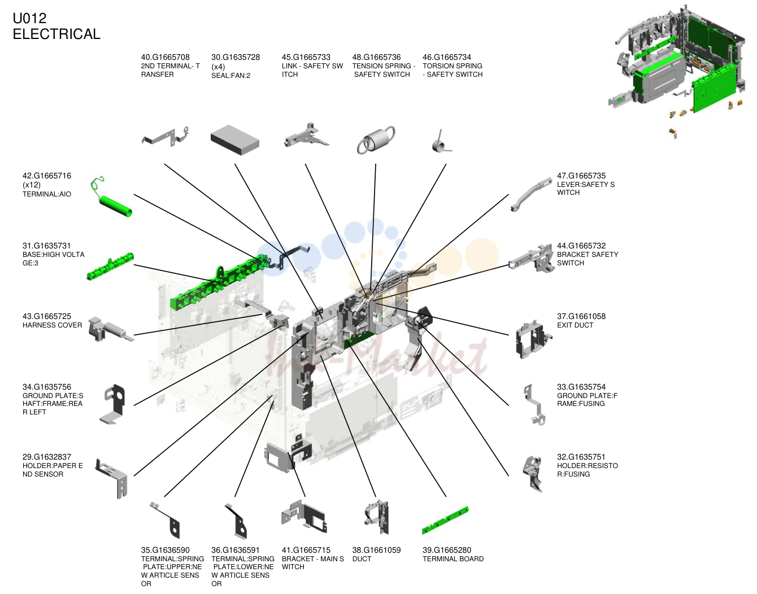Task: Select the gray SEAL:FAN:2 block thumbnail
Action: coord(235,139)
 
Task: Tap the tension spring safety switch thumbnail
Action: coord(376,140)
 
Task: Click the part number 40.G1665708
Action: coord(165,57)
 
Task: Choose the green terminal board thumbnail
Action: coord(445,521)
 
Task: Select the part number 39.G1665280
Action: coord(447,550)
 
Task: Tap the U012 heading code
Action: coord(29,18)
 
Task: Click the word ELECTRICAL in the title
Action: coord(56,34)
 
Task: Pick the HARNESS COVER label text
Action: coord(52,325)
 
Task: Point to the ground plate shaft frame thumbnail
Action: coord(113,404)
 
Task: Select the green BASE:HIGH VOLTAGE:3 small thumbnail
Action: coord(110,267)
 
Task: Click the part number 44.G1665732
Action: coord(581,246)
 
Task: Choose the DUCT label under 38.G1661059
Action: coord(362,559)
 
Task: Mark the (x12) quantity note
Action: coord(31,185)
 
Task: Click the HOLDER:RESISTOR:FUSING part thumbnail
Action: coord(533,474)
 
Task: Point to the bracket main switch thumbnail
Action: coord(304,517)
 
